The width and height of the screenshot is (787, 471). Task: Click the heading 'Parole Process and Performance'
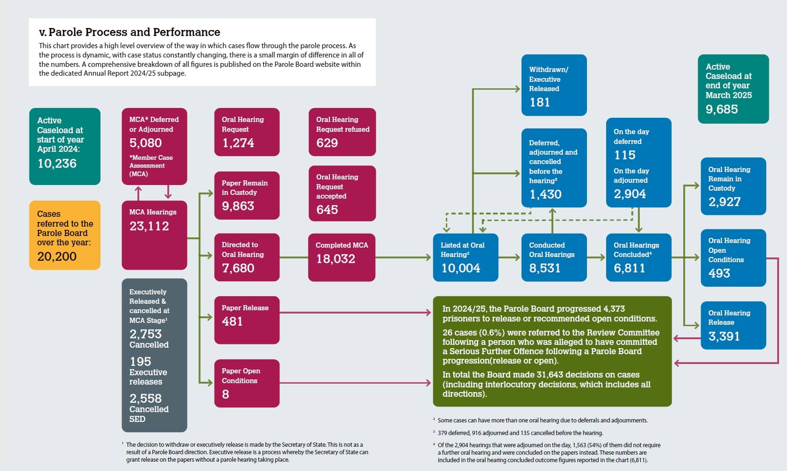(134, 32)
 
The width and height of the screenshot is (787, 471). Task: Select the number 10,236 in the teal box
(57, 164)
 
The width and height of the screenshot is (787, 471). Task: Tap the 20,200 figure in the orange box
(57, 257)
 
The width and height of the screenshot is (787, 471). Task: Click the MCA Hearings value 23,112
(149, 226)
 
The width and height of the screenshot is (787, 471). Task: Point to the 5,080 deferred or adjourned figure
(145, 143)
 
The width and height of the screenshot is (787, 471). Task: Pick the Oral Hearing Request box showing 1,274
(247, 132)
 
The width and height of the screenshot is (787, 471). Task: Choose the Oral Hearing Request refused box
(342, 132)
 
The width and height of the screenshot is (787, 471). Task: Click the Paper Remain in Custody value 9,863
(238, 206)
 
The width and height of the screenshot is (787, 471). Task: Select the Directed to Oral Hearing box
(247, 257)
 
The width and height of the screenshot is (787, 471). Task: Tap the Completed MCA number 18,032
(336, 259)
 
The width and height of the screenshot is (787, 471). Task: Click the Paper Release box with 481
(247, 320)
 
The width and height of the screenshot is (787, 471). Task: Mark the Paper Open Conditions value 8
(225, 394)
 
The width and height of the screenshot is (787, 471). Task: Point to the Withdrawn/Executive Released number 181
(540, 102)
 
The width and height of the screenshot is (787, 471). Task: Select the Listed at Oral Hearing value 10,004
(461, 268)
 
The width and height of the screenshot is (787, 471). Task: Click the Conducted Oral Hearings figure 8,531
(544, 268)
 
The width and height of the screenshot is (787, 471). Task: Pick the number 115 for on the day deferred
(625, 155)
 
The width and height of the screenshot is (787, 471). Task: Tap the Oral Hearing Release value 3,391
(724, 336)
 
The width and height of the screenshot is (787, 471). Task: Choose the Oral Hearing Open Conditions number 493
(719, 273)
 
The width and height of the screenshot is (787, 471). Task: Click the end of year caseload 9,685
(722, 109)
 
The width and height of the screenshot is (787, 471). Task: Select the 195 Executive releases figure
(140, 362)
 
